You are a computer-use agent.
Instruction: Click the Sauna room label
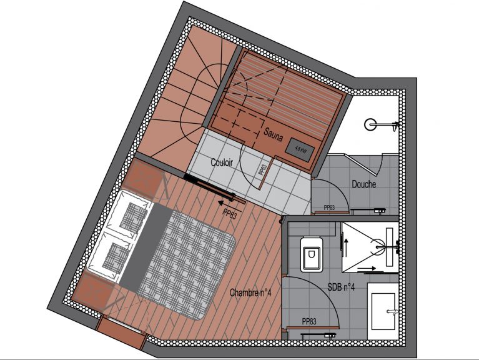[273, 135]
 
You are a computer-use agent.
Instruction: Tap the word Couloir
[222, 162]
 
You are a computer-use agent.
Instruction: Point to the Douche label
[364, 184]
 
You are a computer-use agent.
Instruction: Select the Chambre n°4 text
[250, 292]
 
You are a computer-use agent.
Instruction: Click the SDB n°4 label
[341, 287]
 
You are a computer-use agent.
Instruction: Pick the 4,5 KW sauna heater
[300, 150]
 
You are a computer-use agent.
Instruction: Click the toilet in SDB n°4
[312, 254]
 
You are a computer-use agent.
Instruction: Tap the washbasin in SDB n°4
[383, 311]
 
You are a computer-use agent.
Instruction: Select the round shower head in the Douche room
[370, 124]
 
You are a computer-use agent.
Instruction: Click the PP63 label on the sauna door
[262, 169]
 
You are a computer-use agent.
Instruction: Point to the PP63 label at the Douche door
[329, 207]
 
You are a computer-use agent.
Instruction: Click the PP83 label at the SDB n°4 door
[309, 321]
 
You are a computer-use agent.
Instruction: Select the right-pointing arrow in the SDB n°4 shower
[367, 268]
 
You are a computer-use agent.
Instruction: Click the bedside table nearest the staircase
[143, 179]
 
